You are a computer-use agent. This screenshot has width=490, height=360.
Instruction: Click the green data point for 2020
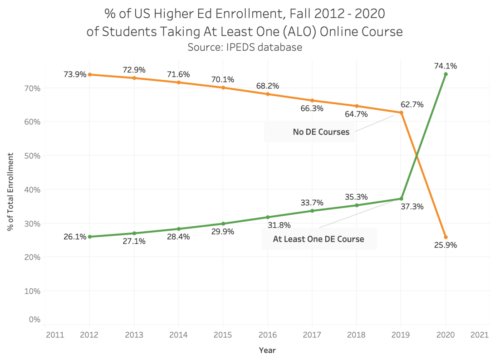click(x=446, y=74)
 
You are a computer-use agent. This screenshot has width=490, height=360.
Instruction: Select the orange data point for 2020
click(x=446, y=237)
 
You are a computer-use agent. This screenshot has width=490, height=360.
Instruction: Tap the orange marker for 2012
click(x=89, y=74)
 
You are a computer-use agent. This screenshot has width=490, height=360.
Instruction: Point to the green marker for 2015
click(x=223, y=224)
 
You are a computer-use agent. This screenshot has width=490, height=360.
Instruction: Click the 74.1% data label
click(x=446, y=66)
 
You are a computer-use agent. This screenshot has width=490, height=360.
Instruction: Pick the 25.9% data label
click(x=446, y=245)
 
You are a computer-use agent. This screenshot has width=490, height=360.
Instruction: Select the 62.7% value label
click(x=412, y=104)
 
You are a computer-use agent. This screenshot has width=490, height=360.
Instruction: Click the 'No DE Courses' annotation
click(x=321, y=132)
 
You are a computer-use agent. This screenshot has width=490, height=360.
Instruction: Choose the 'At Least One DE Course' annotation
click(x=318, y=239)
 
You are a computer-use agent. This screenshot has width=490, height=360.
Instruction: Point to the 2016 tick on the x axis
click(x=268, y=335)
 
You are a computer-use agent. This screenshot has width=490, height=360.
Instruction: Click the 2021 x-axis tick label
click(x=479, y=335)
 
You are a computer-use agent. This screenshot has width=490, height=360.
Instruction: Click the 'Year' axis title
click(x=267, y=350)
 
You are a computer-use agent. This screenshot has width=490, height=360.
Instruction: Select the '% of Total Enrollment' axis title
click(x=10, y=191)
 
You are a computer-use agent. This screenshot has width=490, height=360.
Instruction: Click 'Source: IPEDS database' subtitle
click(x=245, y=47)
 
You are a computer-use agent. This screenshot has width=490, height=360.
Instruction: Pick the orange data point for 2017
click(x=312, y=101)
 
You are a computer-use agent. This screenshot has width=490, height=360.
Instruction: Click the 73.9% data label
click(x=75, y=74)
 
